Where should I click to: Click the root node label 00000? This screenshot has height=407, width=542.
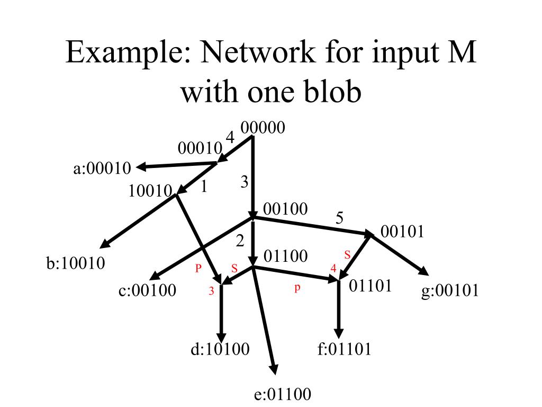[263, 128]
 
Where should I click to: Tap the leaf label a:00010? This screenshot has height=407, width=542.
[102, 169]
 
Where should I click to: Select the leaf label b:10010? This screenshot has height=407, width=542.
[76, 263]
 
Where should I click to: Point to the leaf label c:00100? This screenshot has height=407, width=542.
[147, 290]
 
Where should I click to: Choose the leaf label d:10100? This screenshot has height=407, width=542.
[220, 349]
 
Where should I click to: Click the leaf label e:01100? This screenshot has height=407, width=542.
[283, 394]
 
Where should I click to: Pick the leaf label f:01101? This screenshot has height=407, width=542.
[344, 349]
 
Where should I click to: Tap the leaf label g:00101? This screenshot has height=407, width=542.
[450, 290]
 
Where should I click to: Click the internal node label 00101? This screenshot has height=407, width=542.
[403, 232]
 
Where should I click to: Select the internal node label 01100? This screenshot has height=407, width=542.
[285, 256]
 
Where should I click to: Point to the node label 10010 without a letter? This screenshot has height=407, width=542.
[150, 190]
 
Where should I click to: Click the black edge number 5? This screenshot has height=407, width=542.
[340, 218]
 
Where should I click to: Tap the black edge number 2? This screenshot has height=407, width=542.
[240, 241]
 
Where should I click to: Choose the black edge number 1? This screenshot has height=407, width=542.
[204, 187]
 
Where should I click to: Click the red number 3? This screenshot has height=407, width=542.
[211, 290]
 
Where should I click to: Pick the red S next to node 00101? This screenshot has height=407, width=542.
[348, 255]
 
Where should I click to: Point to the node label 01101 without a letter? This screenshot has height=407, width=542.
[371, 286]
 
